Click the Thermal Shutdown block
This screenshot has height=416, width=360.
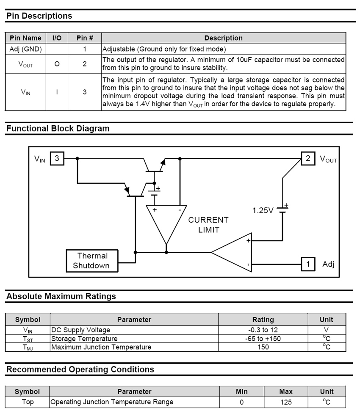coord(92,261)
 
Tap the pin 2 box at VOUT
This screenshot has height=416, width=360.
coord(308,159)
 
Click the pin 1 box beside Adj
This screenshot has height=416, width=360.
coord(308,264)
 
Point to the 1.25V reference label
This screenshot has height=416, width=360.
coord(263,210)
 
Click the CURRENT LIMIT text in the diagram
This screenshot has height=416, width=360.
coord(208,225)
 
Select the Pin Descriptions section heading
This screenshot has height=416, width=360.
coord(39,16)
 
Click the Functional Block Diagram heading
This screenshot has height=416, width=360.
coord(58,129)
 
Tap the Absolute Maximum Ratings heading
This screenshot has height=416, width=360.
coord(61,296)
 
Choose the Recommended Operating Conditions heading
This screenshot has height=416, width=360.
coord(80,369)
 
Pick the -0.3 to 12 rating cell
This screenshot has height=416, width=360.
coord(263,330)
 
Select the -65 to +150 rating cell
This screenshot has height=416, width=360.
coord(263,339)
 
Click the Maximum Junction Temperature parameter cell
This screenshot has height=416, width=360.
coord(101,347)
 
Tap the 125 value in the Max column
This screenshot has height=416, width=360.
coord(286,402)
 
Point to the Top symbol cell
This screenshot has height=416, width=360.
coord(28,402)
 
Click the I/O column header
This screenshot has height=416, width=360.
coord(57,38)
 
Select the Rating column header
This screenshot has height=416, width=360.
coord(263,320)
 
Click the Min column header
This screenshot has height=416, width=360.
coord(241,391)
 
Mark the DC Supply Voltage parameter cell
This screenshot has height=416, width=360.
coord(80,330)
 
